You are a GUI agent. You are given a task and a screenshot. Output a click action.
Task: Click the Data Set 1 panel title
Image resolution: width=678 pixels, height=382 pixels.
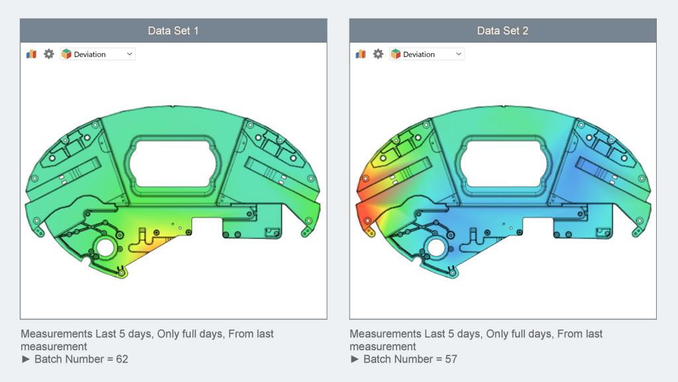[x=173, y=31]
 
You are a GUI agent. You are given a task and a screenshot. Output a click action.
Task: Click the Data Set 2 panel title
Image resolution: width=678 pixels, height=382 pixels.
[x=503, y=31]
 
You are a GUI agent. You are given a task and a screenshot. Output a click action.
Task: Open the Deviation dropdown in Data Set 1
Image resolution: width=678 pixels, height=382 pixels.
[x=97, y=54]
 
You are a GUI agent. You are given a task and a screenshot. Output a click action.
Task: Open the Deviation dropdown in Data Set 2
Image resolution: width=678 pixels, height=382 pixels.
[x=426, y=54]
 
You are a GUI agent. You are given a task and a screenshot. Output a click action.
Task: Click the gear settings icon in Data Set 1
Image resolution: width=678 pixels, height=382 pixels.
[x=49, y=54]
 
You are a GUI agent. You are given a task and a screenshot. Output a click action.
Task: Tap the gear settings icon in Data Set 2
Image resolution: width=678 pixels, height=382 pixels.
[x=378, y=54]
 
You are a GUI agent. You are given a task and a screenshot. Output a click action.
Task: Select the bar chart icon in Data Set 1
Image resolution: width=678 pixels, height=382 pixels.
[x=31, y=54]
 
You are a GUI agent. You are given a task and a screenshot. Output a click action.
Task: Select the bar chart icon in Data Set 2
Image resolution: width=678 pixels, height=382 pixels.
[x=360, y=54]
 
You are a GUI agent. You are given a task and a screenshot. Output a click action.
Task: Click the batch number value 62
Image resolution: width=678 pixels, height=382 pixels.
[x=121, y=359]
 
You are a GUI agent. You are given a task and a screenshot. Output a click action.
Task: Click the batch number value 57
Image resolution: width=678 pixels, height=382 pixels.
[x=450, y=359]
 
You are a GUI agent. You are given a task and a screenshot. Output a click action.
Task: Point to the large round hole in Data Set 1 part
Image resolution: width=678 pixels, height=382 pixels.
[x=105, y=249]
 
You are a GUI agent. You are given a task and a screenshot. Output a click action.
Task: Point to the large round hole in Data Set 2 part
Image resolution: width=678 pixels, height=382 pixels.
[x=434, y=249]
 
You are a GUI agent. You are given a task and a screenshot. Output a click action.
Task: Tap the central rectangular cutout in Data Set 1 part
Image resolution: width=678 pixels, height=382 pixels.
[x=173, y=160]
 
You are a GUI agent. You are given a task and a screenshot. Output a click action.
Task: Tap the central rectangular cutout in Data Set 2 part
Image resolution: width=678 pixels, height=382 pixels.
[x=503, y=160]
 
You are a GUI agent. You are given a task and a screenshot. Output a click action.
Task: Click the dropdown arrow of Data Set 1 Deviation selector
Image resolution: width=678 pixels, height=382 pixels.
[x=129, y=54]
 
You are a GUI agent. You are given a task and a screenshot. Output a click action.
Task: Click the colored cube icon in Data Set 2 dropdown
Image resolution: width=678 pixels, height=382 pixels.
[x=395, y=54]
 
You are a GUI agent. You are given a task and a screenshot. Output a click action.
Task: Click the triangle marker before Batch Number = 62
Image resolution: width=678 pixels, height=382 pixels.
[x=26, y=359]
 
